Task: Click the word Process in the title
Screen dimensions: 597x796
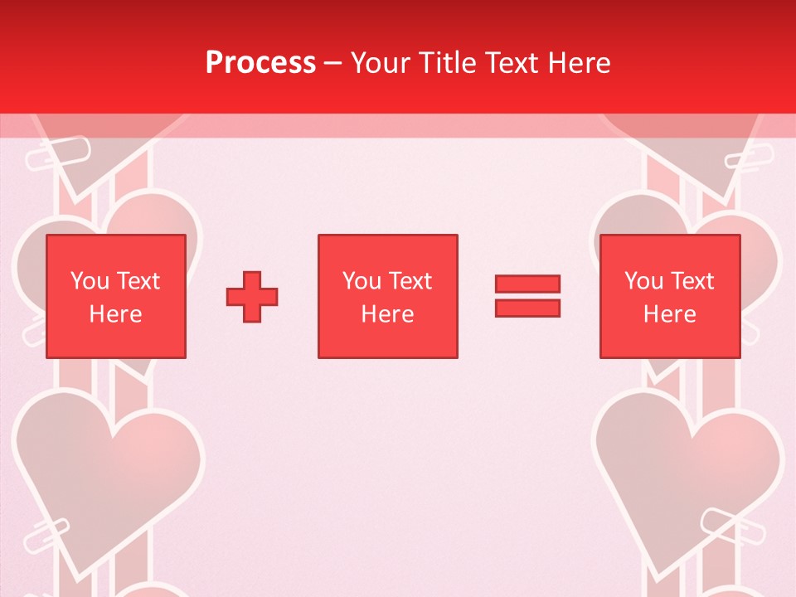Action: pyautogui.click(x=260, y=63)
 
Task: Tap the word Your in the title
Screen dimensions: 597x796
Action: pyautogui.click(x=379, y=63)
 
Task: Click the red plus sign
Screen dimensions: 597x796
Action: pyautogui.click(x=252, y=297)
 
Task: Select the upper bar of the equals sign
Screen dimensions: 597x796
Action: pyautogui.click(x=527, y=284)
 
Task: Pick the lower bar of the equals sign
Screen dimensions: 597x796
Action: pyautogui.click(x=527, y=308)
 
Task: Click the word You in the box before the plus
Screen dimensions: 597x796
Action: pyautogui.click(x=90, y=281)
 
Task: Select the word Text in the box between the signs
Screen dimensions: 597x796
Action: pyautogui.click(x=411, y=281)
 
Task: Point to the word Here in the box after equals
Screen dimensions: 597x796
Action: pyautogui.click(x=670, y=314)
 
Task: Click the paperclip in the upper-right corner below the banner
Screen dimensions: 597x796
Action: pyautogui.click(x=750, y=158)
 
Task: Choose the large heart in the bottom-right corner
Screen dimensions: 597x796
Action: pyautogui.click(x=688, y=473)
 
